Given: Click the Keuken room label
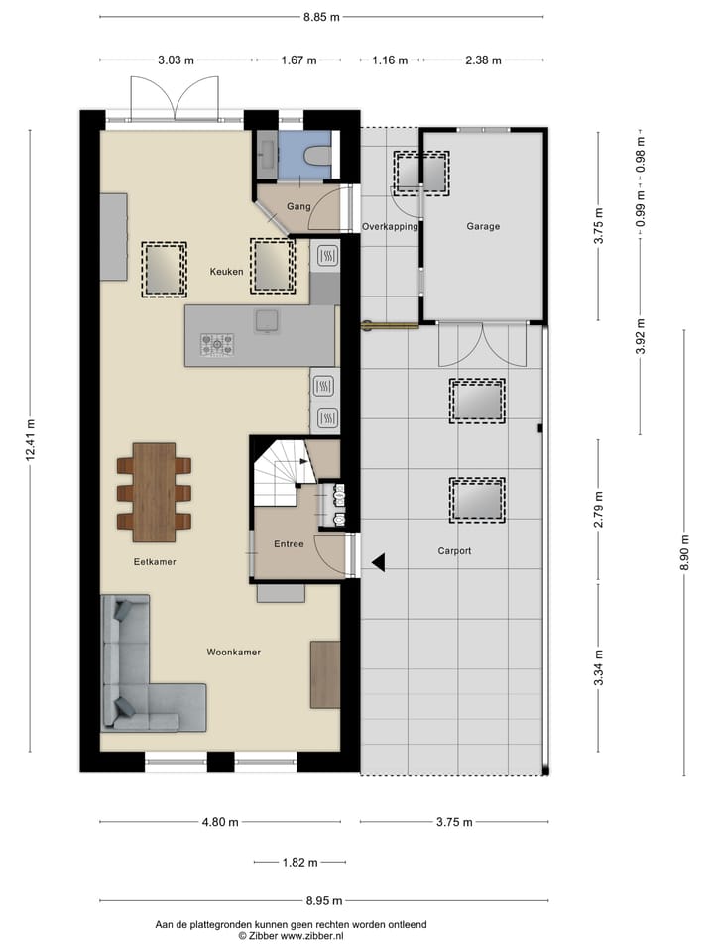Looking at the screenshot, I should (226, 271).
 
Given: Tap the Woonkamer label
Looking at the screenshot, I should (234, 652).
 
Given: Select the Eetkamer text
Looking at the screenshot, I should (155, 561).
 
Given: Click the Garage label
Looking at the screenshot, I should (483, 226).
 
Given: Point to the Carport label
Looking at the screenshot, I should (454, 550).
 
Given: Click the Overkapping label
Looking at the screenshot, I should (390, 226).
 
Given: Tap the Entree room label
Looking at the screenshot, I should (289, 543).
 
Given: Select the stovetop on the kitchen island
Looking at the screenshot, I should (217, 344).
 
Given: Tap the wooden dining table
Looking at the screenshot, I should (154, 492).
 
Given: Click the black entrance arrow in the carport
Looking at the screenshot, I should (379, 563).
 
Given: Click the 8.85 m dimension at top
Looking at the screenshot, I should (321, 17).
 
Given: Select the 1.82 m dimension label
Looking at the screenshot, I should (298, 863).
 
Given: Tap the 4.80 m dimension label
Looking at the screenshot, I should (219, 822).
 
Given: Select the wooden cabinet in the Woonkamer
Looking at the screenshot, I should (325, 674).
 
